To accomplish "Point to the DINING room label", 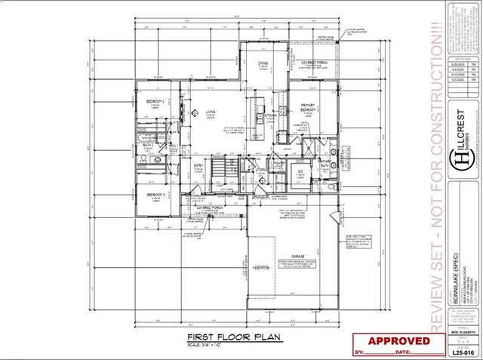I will coord(263,63).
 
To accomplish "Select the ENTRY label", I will coord(199,167).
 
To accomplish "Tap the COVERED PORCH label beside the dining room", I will coord(309,63).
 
